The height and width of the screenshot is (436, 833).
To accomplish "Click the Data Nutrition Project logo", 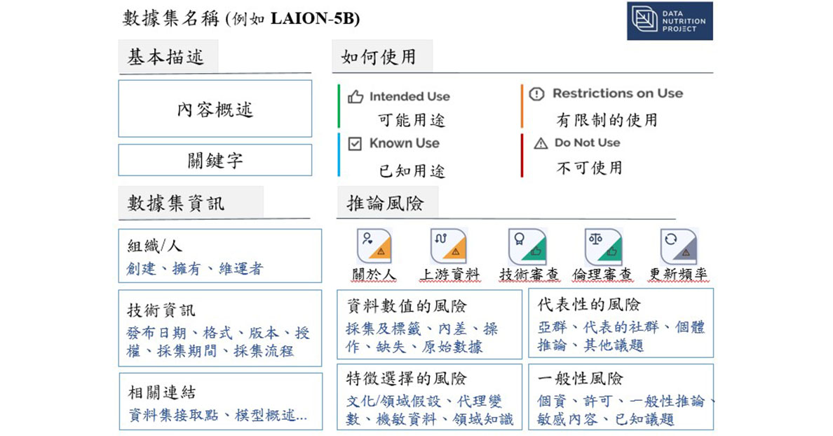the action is click(x=670, y=21).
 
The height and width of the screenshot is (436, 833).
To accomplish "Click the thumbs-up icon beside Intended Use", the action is click(x=355, y=97).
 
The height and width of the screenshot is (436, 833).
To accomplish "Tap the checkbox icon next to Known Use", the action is click(x=355, y=143).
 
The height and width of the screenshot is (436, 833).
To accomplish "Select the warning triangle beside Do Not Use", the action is click(x=541, y=143).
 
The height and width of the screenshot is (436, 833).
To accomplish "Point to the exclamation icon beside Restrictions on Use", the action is click(x=536, y=94).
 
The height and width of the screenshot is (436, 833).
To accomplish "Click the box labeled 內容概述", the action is click(x=215, y=109).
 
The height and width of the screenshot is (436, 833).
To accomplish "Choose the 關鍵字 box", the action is click(x=215, y=160).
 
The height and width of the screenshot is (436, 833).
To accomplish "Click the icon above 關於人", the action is click(x=374, y=246).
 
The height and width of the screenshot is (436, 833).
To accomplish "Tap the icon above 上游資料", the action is click(x=449, y=246).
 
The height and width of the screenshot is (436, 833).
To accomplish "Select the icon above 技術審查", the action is click(x=527, y=246).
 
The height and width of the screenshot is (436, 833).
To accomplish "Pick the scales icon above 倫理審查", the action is click(x=604, y=246).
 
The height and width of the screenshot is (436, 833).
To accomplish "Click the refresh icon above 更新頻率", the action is click(x=679, y=246).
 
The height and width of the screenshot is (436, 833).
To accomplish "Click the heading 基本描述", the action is click(x=165, y=57).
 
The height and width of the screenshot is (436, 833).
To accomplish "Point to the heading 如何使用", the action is click(x=378, y=57).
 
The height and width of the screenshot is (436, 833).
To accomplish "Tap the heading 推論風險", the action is click(x=385, y=203).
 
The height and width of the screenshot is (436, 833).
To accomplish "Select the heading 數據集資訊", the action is click(x=176, y=203).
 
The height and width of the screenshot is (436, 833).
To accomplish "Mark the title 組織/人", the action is click(x=154, y=246).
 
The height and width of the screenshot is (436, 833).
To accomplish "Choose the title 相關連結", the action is click(x=162, y=392).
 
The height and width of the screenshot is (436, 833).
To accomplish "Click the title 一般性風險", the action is click(x=580, y=378).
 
